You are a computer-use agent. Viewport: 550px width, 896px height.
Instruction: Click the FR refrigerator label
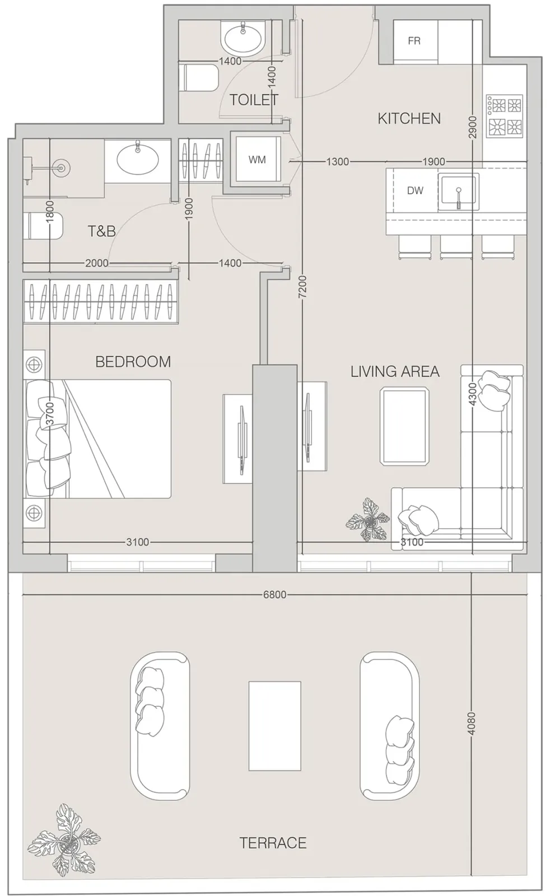point(414,41)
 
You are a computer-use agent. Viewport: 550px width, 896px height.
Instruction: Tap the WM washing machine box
point(258,159)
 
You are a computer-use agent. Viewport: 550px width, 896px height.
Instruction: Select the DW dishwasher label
point(415,190)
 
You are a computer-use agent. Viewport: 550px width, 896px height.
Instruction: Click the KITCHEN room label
point(409,118)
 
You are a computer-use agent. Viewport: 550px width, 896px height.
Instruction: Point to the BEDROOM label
point(133,362)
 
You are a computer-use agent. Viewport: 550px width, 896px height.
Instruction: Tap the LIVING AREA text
point(395,372)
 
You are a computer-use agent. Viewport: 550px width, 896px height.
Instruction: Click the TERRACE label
point(273,843)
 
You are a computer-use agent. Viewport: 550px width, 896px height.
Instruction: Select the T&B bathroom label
point(101,231)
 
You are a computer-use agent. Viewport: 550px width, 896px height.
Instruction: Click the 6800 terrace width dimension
point(275,594)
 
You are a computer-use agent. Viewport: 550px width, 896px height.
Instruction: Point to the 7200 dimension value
point(303,286)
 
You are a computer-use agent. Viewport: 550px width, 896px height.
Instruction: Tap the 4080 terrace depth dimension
point(472,723)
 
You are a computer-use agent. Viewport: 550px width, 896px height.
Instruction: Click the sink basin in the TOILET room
point(243,39)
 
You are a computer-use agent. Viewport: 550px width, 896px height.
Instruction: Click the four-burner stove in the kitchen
point(505,116)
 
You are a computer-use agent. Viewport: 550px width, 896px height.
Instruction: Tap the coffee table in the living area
point(404,426)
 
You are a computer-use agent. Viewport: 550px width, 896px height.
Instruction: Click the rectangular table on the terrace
point(274,726)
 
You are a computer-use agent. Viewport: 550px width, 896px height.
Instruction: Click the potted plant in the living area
point(368,520)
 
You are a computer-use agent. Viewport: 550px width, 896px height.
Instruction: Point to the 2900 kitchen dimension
point(473,127)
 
